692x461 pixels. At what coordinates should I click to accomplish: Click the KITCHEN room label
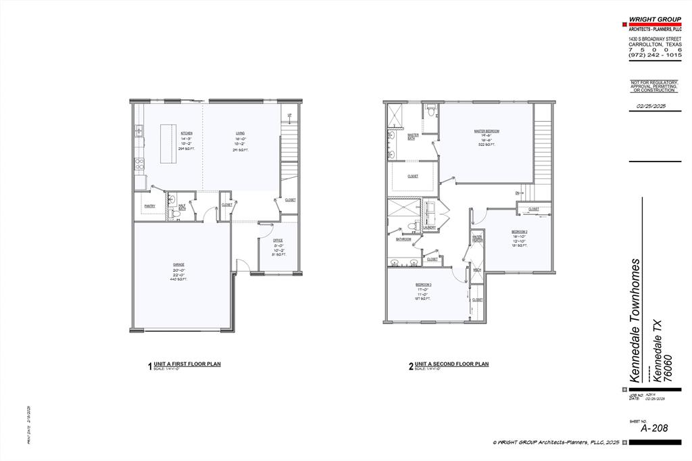click(x=187, y=134)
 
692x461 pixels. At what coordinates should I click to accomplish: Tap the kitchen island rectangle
click(x=168, y=143)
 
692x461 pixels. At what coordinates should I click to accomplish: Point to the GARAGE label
click(x=178, y=264)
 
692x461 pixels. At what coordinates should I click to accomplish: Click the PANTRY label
click(x=150, y=206)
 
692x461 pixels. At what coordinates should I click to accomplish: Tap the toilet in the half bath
click(x=175, y=214)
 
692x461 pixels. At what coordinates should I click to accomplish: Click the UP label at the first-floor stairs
click(x=290, y=116)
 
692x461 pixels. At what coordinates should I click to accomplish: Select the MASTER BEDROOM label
click(x=487, y=131)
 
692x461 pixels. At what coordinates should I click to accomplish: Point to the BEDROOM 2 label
click(x=519, y=232)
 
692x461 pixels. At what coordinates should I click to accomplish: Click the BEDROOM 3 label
click(x=424, y=285)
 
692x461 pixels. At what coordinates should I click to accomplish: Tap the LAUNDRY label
click(x=429, y=227)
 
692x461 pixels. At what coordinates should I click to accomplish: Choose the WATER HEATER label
click(x=477, y=238)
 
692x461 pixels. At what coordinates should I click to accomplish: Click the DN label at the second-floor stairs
click(x=517, y=193)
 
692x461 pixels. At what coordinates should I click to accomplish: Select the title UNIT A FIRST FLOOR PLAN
click(x=187, y=364)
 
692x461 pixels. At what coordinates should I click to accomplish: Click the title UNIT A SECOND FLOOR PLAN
click(x=451, y=364)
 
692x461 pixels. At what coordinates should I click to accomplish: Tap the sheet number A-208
click(x=653, y=427)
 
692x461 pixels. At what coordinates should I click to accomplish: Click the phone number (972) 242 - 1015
click(x=653, y=54)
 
